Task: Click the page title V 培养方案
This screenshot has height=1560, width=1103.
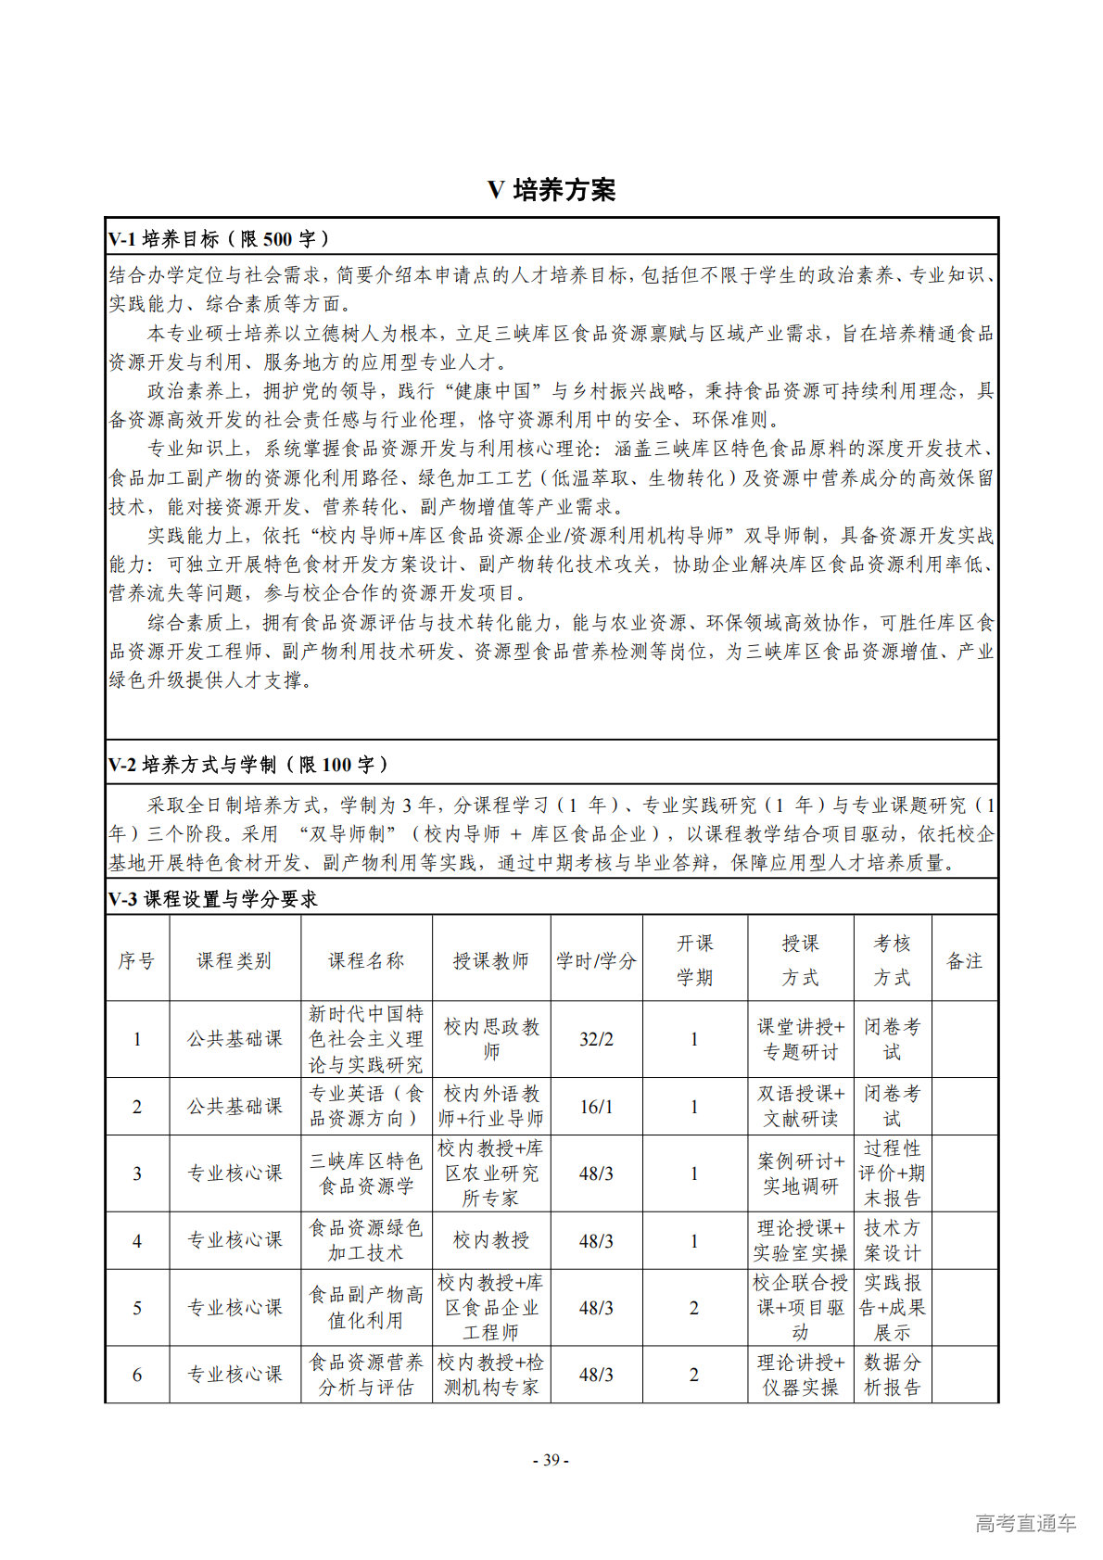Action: pyautogui.click(x=551, y=190)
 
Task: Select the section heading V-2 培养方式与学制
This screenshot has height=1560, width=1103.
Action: pyautogui.click(x=248, y=765)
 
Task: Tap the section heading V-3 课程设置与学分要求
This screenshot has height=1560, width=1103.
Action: pyautogui.click(x=213, y=899)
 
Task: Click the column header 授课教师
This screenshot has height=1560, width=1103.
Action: pyautogui.click(x=490, y=961)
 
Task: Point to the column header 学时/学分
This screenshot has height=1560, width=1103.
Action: pyautogui.click(x=596, y=961)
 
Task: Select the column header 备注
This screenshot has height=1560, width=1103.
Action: pyautogui.click(x=964, y=961)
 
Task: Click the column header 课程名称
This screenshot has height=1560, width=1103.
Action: pyautogui.click(x=366, y=961)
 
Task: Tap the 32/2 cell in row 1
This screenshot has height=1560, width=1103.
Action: pyautogui.click(x=596, y=1039)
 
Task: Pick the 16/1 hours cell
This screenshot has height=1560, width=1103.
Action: pyautogui.click(x=596, y=1107)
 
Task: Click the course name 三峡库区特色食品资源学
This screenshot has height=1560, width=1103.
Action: pyautogui.click(x=366, y=1173)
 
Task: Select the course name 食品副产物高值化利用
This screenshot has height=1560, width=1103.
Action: pyautogui.click(x=366, y=1307)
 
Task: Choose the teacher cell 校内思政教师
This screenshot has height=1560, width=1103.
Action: pyautogui.click(x=490, y=1039)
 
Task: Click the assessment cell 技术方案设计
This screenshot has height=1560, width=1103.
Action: pyautogui.click(x=892, y=1240)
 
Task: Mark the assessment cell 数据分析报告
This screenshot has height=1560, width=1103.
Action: pyautogui.click(x=892, y=1375)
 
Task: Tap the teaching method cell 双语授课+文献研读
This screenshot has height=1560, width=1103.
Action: pyautogui.click(x=800, y=1107)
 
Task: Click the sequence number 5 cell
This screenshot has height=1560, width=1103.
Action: pyautogui.click(x=137, y=1308)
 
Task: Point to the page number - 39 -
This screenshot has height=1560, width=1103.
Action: pyautogui.click(x=551, y=1460)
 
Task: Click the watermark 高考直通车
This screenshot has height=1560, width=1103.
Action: pyautogui.click(x=1025, y=1523)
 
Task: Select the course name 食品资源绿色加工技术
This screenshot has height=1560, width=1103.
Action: pyautogui.click(x=366, y=1240)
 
